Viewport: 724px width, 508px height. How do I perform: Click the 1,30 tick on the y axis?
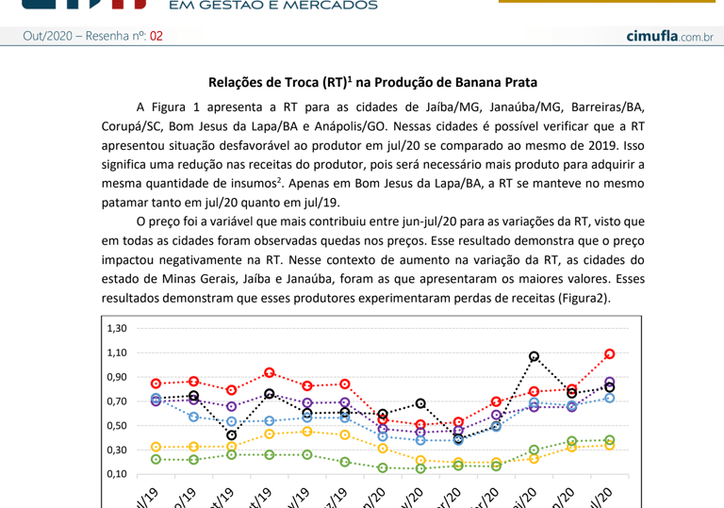click(x=116, y=328)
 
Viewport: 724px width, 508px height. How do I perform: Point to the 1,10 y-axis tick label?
click(x=116, y=352)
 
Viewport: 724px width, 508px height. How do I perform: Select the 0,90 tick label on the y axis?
click(x=116, y=377)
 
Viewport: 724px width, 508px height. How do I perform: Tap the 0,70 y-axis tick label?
click(x=116, y=401)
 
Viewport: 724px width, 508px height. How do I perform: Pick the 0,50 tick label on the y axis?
click(x=116, y=425)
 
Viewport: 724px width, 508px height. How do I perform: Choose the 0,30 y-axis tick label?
click(x=116, y=450)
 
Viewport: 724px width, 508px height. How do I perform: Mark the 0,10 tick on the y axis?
click(x=116, y=474)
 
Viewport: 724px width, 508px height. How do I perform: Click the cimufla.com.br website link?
click(x=668, y=36)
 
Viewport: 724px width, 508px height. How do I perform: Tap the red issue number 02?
click(x=156, y=36)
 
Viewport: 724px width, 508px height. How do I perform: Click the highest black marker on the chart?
click(x=535, y=357)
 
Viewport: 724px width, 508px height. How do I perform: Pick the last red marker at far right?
click(x=610, y=354)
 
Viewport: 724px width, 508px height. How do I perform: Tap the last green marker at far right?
click(x=610, y=440)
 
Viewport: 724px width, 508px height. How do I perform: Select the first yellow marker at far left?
click(x=156, y=447)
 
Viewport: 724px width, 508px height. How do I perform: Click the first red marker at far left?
click(x=156, y=384)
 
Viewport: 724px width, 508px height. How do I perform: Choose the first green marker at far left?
click(x=156, y=459)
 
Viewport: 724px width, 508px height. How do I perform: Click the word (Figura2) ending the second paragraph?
click(x=582, y=298)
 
